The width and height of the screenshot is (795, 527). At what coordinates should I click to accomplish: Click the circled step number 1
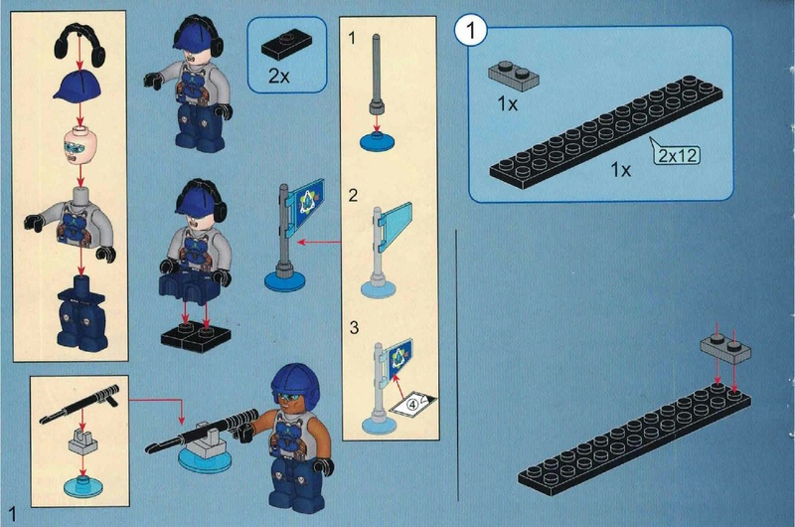pos(470,31)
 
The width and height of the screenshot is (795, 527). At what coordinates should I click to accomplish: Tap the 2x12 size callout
pos(678,155)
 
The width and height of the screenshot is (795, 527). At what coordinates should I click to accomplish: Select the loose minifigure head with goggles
pos(79,145)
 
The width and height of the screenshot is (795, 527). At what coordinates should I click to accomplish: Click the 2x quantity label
pos(278,77)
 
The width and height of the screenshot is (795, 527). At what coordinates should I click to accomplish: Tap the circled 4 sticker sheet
pos(412,404)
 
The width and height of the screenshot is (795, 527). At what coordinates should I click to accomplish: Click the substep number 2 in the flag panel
pos(354,195)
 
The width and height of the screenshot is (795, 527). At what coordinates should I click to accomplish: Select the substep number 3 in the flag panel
pos(354,327)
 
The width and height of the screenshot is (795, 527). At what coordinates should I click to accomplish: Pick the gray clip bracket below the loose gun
pos(82,440)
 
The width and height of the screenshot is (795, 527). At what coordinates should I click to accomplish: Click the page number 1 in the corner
pos(12,513)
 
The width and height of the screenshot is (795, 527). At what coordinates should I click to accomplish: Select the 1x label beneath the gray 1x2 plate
pos(507,104)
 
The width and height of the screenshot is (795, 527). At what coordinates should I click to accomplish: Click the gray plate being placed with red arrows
pos(725,349)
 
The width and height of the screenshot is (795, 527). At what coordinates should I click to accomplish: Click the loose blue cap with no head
pos(78,86)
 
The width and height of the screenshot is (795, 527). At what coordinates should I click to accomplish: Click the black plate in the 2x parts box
pos(286,45)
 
